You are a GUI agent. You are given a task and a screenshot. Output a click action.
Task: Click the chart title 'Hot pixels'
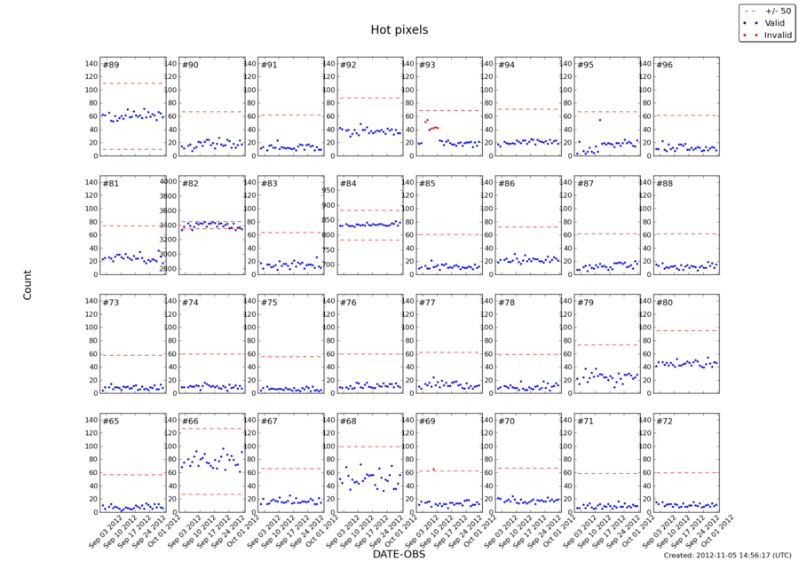pos(399,30)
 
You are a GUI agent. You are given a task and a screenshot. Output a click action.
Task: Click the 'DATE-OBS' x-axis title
pos(399,555)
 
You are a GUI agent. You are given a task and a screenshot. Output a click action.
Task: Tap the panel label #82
pos(190,184)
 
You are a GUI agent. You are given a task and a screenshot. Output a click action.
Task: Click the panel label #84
pos(348,184)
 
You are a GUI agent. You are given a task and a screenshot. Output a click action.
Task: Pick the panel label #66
pos(190,423)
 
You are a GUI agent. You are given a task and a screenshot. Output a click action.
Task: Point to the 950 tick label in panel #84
pos(325,190)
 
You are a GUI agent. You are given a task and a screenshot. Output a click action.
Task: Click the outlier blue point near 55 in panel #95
pos(600,120)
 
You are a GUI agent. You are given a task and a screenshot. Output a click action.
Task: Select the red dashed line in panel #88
pos(686,233)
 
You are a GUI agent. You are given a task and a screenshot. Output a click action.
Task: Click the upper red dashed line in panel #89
pos(133,83)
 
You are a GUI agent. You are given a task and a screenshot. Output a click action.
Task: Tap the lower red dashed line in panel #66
pos(212,494)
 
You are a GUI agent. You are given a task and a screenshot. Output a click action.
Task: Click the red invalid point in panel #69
pos(433,470)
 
